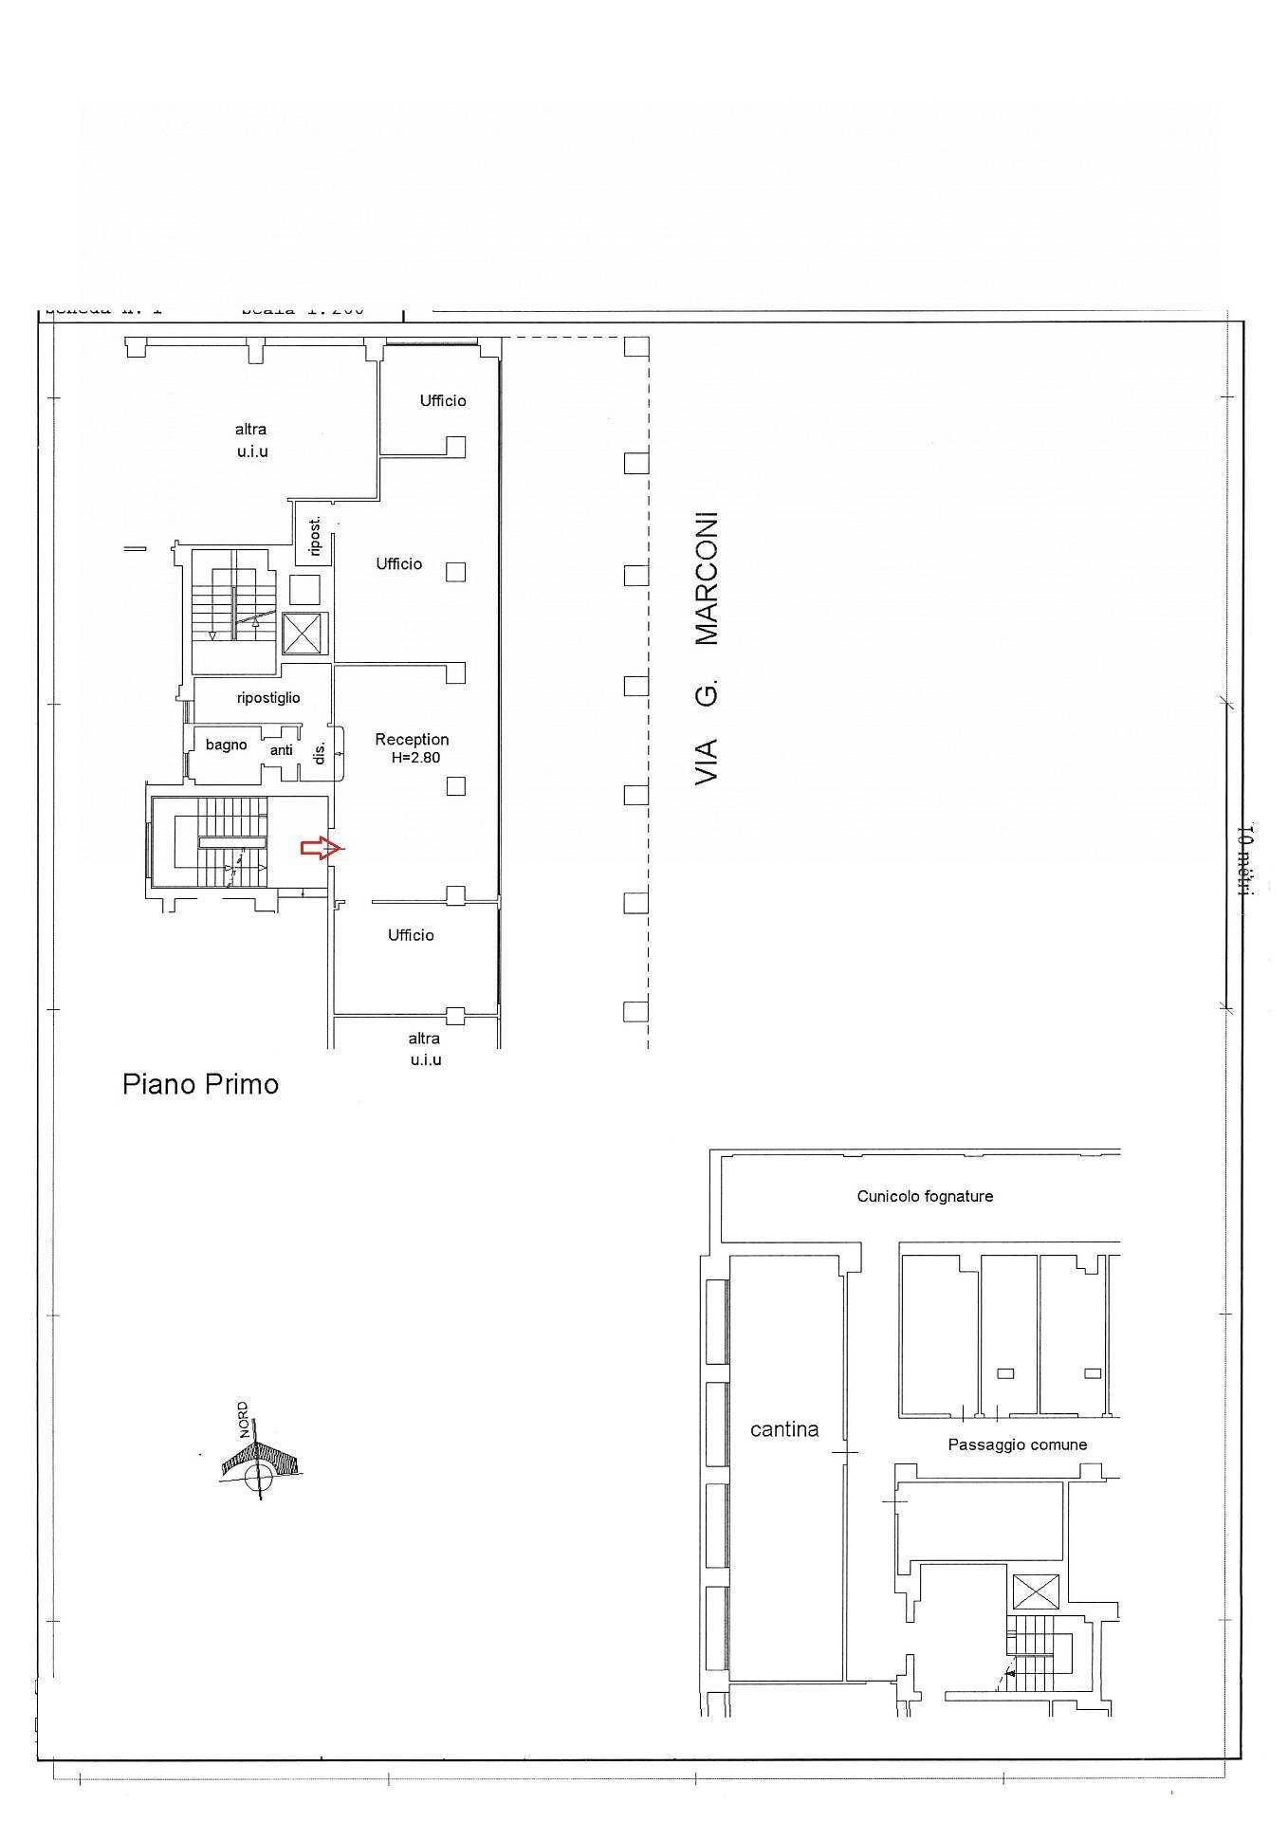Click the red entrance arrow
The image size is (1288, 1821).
pyautogui.click(x=320, y=848)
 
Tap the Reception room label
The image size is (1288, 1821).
pyautogui.click(x=412, y=740)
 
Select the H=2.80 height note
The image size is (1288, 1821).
pyautogui.click(x=415, y=758)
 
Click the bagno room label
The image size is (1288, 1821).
pyautogui.click(x=226, y=745)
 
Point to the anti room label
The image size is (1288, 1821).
pyautogui.click(x=282, y=750)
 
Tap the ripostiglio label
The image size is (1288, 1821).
pyautogui.click(x=268, y=698)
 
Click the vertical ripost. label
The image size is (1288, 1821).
pyautogui.click(x=315, y=536)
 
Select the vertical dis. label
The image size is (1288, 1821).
pyautogui.click(x=320, y=752)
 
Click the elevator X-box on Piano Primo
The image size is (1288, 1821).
pyautogui.click(x=305, y=635)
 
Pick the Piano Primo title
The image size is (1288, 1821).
pyautogui.click(x=200, y=1084)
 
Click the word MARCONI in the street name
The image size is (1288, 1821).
pyautogui.click(x=707, y=579)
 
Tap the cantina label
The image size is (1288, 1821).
pyautogui.click(x=783, y=1429)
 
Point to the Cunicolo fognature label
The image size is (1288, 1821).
pyautogui.click(x=925, y=1197)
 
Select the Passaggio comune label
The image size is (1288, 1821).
pyautogui.click(x=1017, y=1444)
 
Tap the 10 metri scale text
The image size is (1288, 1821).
pyautogui.click(x=1246, y=859)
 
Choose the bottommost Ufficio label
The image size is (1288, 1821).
pyautogui.click(x=411, y=935)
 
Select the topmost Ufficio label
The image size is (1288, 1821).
pyautogui.click(x=443, y=401)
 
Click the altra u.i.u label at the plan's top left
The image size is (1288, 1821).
pyautogui.click(x=251, y=440)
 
